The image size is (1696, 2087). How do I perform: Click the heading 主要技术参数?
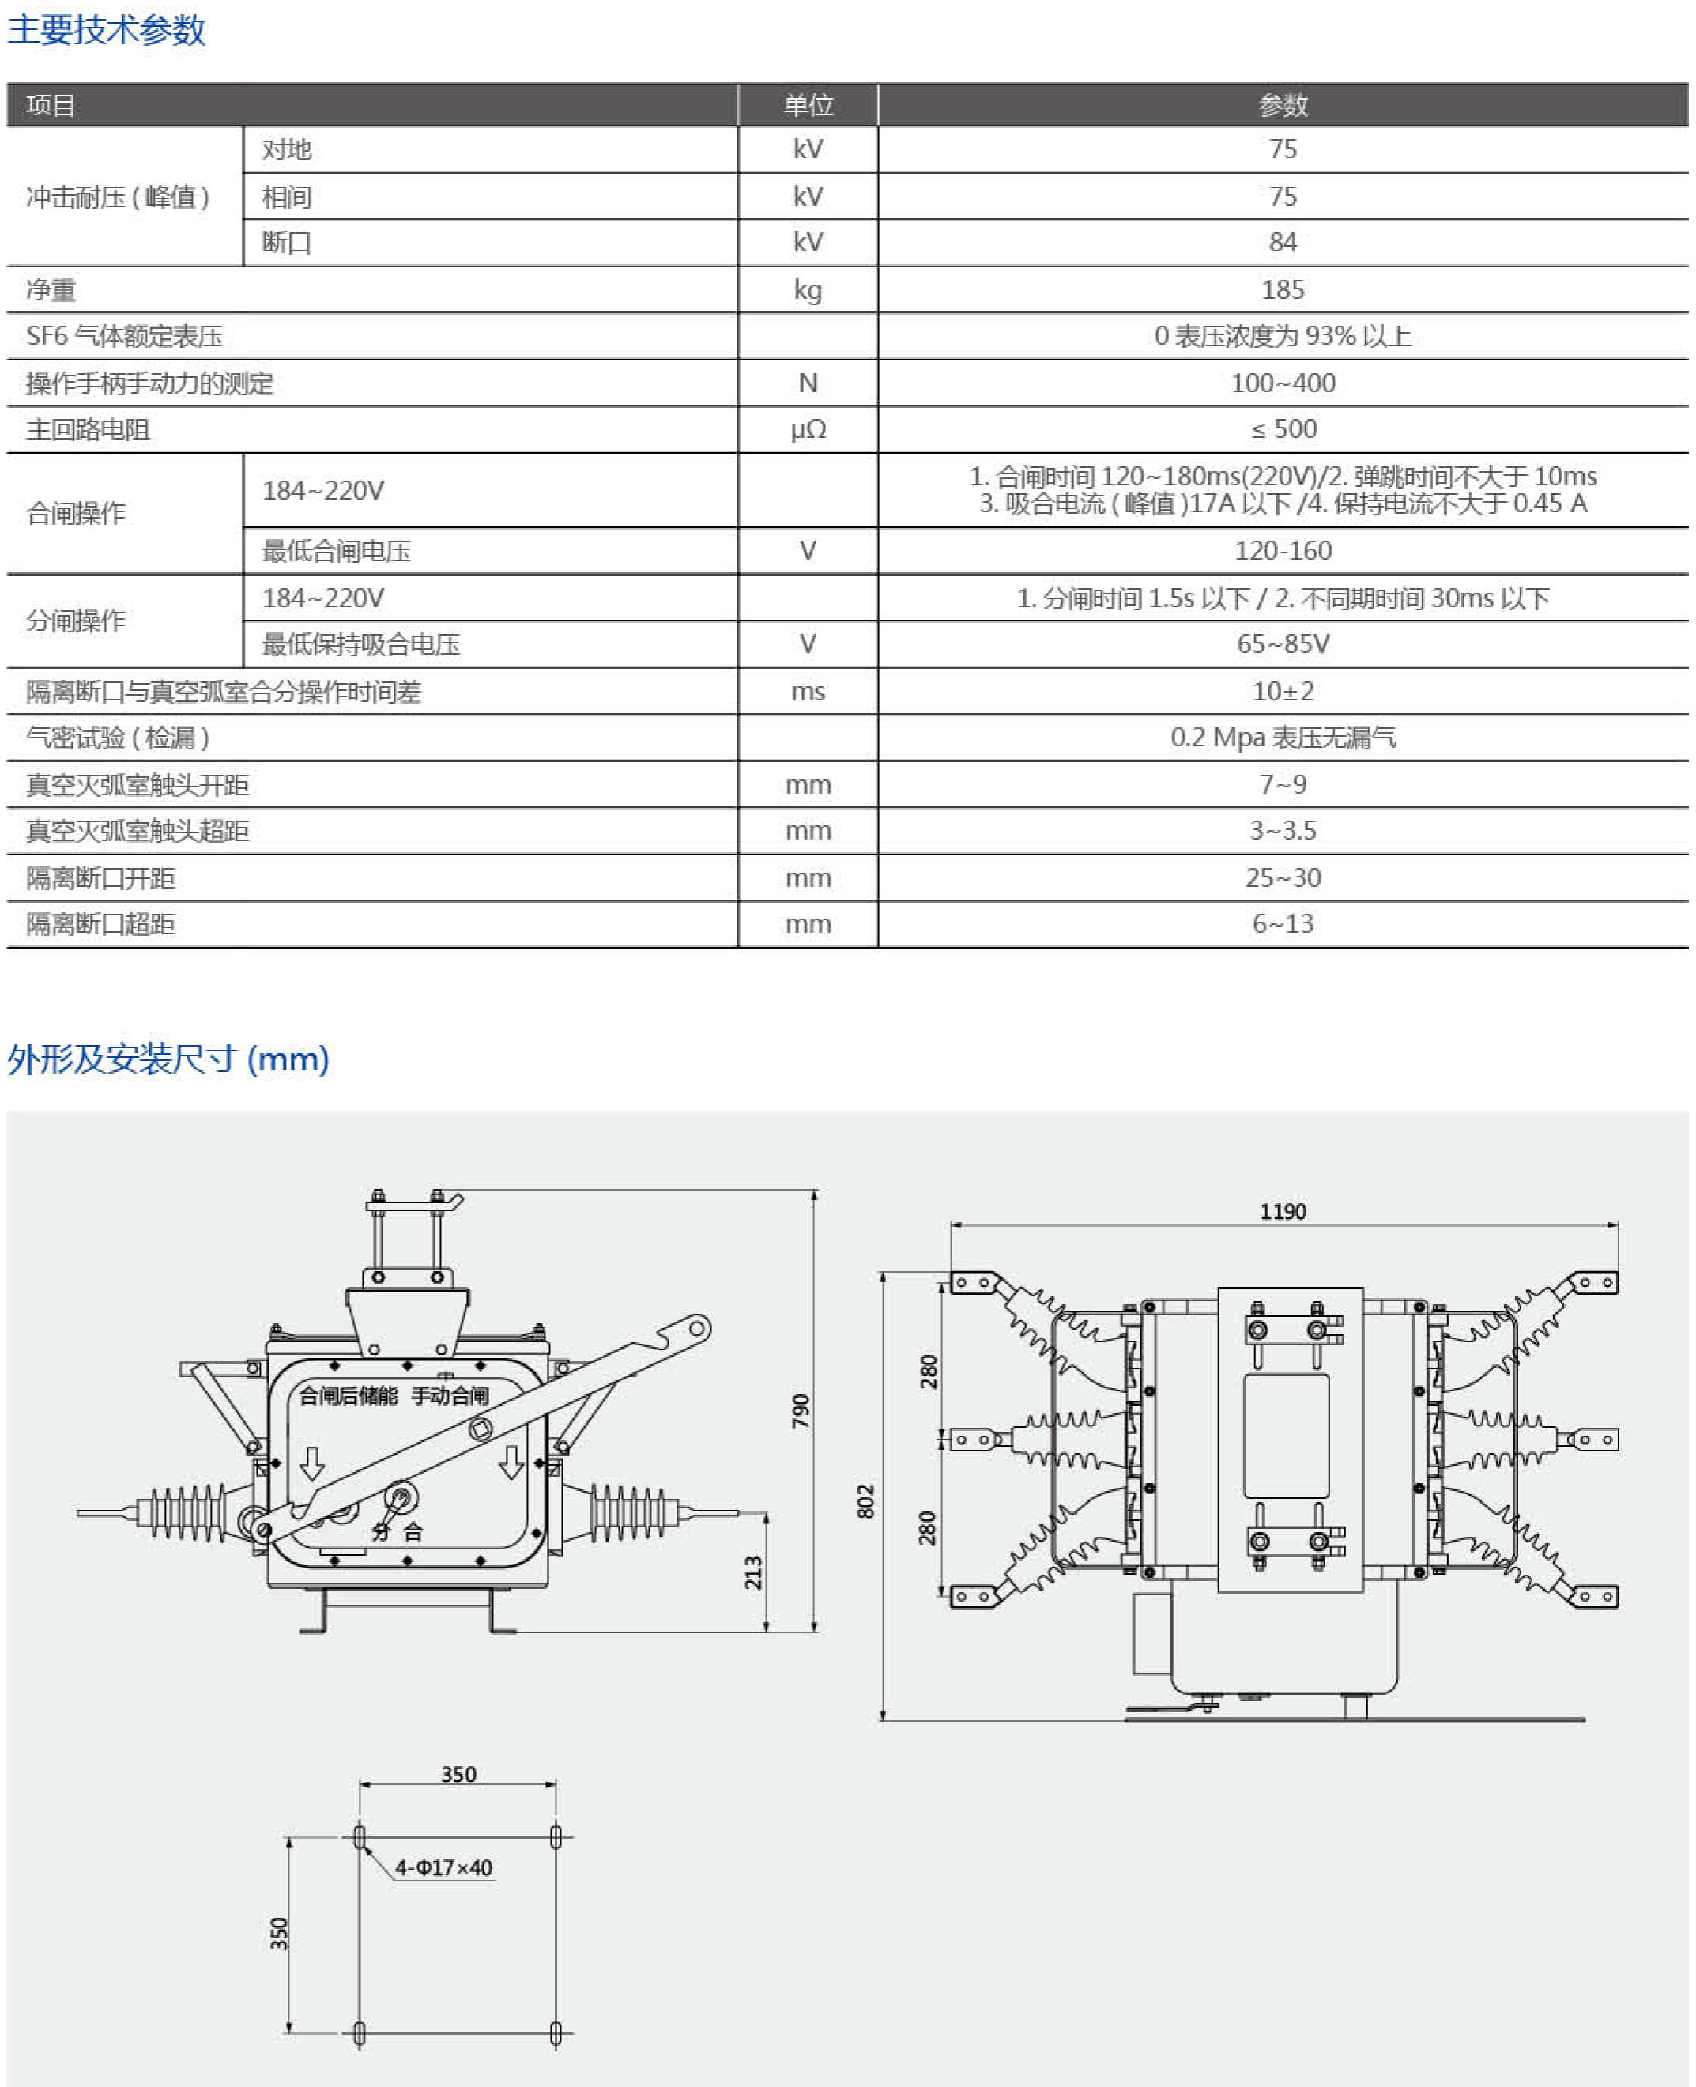(x=107, y=29)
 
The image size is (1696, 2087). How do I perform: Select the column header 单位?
(x=808, y=104)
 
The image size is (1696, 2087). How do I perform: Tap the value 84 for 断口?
(x=1282, y=243)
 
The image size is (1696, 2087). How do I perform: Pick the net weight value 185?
(x=1282, y=289)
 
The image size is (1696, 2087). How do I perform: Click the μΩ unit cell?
(x=808, y=429)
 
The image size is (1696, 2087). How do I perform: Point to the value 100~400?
(x=1282, y=383)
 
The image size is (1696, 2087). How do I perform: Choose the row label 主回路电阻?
(x=88, y=430)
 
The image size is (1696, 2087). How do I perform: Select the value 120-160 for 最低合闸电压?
(x=1282, y=551)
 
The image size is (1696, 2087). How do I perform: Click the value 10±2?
(x=1282, y=692)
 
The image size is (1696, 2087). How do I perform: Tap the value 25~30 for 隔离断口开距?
(x=1282, y=878)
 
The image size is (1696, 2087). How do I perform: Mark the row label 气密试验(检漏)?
(x=117, y=738)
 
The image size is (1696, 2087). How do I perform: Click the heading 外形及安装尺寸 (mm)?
(x=168, y=1059)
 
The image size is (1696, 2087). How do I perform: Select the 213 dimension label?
(x=753, y=1572)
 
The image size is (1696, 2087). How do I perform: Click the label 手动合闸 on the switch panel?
(x=450, y=1395)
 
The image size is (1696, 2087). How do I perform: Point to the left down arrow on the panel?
(x=311, y=1462)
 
